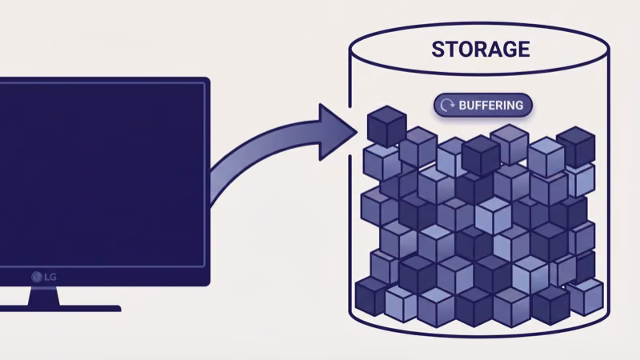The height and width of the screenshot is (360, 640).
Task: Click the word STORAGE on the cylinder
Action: tap(480, 49)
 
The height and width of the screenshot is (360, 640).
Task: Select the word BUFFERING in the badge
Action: tap(490, 105)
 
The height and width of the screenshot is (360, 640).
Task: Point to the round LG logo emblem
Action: tap(36, 277)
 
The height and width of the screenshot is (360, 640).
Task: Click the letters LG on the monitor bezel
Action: tap(50, 277)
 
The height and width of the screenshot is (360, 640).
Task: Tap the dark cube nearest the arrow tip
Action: tap(386, 127)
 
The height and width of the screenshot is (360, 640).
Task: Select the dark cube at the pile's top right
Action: tap(575, 146)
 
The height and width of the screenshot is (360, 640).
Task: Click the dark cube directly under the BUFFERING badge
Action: tap(481, 154)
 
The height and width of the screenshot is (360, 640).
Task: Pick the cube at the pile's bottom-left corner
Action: tap(370, 296)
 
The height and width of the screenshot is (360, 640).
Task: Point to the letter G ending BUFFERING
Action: tap(519, 105)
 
